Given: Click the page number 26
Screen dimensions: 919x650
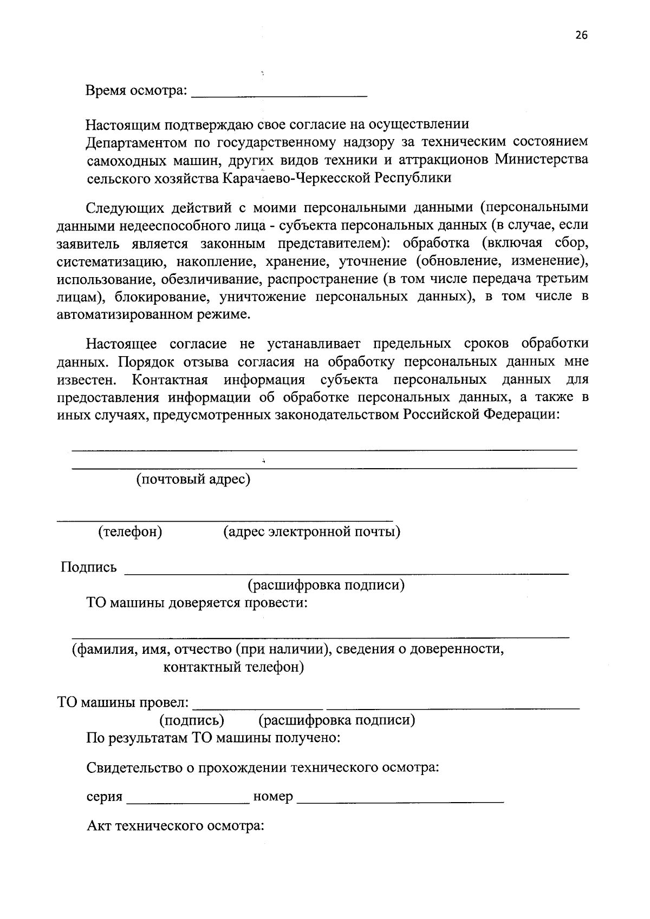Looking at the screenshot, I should [x=581, y=36].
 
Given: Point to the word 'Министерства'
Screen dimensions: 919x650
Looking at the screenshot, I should [x=541, y=160].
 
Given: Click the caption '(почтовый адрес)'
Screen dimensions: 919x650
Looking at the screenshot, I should [x=193, y=480].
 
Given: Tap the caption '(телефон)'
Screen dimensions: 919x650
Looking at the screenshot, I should [x=130, y=532].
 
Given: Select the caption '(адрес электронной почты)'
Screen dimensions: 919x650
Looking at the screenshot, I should [x=312, y=532].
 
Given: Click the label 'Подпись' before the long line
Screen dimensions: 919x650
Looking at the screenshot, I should [x=89, y=567].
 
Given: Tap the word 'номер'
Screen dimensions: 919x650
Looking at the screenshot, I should [x=273, y=797].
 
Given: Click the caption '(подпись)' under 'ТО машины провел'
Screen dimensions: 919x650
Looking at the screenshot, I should [x=192, y=720].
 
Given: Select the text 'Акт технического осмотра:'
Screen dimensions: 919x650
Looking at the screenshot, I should [x=175, y=826].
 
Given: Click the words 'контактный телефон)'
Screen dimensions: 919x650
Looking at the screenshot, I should [x=233, y=667].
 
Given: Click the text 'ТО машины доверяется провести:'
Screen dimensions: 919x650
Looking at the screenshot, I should [x=197, y=603].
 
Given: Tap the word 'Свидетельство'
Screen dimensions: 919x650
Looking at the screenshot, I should [x=140, y=767].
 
